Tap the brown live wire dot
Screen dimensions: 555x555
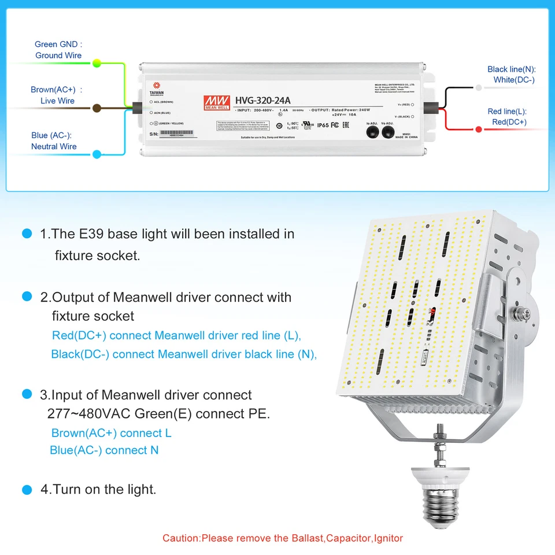(97, 108)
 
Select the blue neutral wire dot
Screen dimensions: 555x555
(97, 154)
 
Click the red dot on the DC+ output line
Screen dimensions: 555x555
(479, 129)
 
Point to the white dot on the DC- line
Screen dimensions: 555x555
(479, 88)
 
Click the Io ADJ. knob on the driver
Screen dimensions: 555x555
(372, 132)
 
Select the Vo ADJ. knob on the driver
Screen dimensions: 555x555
(388, 132)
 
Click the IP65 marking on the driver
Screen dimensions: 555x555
(323, 125)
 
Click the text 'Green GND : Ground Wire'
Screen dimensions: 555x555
(58, 50)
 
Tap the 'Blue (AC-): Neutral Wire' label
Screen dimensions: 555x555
(54, 141)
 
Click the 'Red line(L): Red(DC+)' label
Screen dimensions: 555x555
(507, 117)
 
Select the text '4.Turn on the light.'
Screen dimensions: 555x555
(98, 489)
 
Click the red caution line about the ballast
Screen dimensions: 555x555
(283, 538)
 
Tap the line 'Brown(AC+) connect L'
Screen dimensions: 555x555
(111, 433)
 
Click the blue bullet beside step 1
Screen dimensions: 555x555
(27, 234)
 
